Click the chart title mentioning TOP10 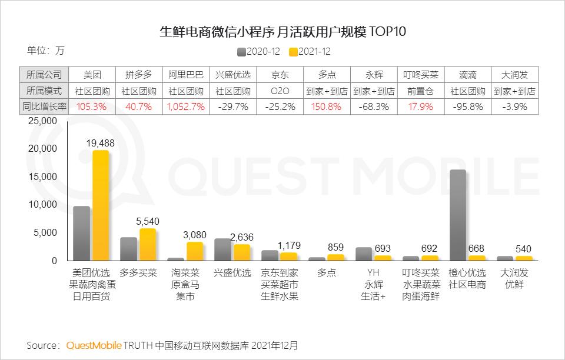pyautogui.click(x=282, y=31)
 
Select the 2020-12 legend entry pyautogui.click(x=258, y=51)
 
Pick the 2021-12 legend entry pyautogui.click(x=310, y=51)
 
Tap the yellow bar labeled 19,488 pyautogui.click(x=101, y=205)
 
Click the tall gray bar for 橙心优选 pyautogui.click(x=458, y=215)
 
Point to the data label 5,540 pyautogui.click(x=147, y=221)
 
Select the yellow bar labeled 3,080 pyautogui.click(x=195, y=251)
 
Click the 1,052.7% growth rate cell pyautogui.click(x=186, y=107)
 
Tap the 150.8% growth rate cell pyautogui.click(x=327, y=107)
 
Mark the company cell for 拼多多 pyautogui.click(x=139, y=75)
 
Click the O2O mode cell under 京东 pyautogui.click(x=280, y=91)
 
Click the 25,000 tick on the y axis pyautogui.click(x=41, y=121)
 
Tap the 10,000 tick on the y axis pyautogui.click(x=41, y=205)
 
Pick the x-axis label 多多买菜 pyautogui.click(x=139, y=274)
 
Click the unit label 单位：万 pyautogui.click(x=46, y=51)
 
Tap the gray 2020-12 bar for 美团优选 pyautogui.click(x=81, y=233)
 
